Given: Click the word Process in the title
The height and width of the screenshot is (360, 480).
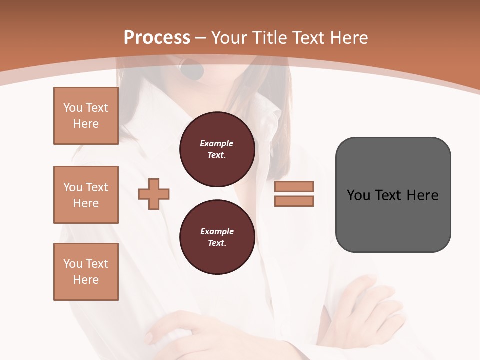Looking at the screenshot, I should click(x=157, y=37).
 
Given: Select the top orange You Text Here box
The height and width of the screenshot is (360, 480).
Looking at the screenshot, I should click(x=86, y=116).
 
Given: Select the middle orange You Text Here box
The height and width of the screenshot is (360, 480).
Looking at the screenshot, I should click(x=86, y=195).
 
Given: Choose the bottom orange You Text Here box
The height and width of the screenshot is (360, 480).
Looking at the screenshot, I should click(x=86, y=271).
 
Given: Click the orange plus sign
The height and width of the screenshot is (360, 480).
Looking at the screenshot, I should click(x=154, y=194).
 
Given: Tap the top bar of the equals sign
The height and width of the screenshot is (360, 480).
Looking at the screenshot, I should click(x=294, y=186).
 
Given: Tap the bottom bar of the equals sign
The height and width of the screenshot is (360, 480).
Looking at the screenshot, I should click(x=294, y=201).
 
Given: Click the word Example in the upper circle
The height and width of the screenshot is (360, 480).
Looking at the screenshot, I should click(x=217, y=143).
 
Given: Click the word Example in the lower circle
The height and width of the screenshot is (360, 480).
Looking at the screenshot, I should click(x=217, y=231).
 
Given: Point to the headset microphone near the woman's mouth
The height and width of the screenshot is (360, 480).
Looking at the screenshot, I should click(x=192, y=70).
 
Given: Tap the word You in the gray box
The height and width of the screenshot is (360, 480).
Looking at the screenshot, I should click(x=358, y=195).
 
